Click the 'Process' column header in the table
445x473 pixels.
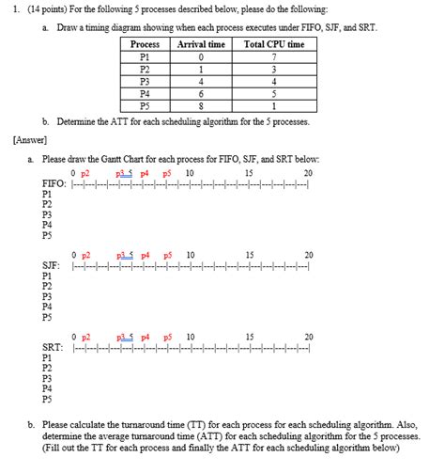point(145,44)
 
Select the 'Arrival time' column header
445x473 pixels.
point(201,44)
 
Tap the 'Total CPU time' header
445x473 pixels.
point(273,44)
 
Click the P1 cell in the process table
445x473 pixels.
point(145,56)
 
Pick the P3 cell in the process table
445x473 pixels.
point(145,82)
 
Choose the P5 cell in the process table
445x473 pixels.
point(145,106)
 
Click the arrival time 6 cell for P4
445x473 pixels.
point(201,94)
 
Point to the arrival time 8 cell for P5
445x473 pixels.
point(201,106)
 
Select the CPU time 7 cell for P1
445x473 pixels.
point(273,56)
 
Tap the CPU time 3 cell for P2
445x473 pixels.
point(273,69)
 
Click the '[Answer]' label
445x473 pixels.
point(33,140)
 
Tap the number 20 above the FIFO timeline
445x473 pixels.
point(308,173)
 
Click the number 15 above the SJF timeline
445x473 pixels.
point(249,255)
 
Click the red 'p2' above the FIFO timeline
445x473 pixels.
point(85,173)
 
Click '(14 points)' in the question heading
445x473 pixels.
point(47,8)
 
